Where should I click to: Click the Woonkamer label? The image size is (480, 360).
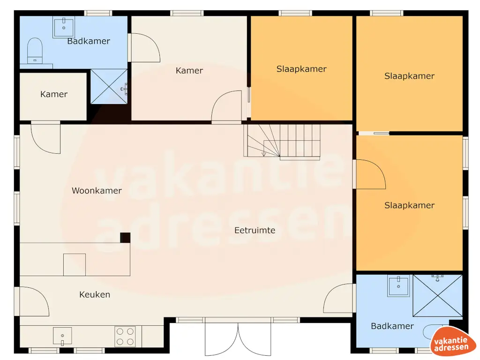(x=97, y=191)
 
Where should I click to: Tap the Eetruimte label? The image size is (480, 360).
(x=255, y=230)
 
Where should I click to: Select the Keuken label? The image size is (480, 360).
(x=95, y=294)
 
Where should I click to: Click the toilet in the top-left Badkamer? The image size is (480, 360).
(x=35, y=50)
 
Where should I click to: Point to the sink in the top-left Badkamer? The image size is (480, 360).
(x=63, y=27)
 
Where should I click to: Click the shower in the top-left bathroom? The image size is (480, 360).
(x=108, y=87)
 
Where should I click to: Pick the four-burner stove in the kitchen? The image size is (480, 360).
(x=125, y=336)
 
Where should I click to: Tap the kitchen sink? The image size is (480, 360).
(x=62, y=336)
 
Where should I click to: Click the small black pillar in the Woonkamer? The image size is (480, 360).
(x=125, y=238)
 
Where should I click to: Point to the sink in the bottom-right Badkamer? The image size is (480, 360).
(x=398, y=285)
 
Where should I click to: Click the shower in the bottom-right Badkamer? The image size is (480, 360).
(x=437, y=295)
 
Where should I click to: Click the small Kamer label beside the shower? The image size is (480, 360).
(x=53, y=94)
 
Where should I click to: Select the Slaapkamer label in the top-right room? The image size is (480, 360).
(x=409, y=76)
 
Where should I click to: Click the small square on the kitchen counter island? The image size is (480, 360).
(x=75, y=264)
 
